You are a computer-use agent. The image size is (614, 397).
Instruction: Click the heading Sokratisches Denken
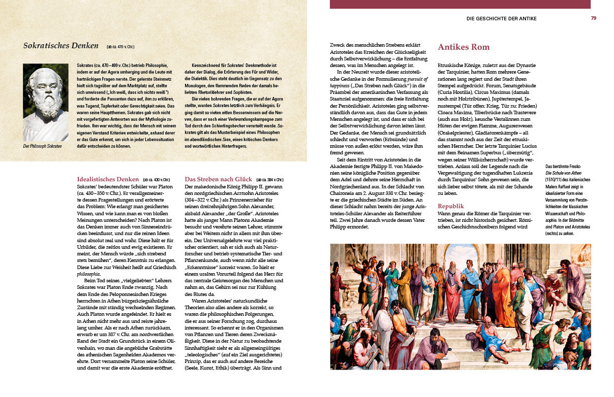pos(60,46)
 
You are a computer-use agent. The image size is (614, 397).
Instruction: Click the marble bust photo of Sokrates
pos(46,102)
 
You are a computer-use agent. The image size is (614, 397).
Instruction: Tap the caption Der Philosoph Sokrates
pos(43,146)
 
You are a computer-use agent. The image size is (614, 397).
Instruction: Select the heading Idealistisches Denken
pos(107,179)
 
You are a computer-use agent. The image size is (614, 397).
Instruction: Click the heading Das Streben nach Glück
pos(218,179)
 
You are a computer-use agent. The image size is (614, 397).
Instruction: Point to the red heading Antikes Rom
pos(464,47)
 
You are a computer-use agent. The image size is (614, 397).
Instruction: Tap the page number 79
pos(593,18)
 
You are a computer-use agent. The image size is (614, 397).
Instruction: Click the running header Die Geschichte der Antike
pos(501,19)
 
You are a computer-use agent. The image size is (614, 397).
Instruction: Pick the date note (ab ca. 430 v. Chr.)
pos(156,180)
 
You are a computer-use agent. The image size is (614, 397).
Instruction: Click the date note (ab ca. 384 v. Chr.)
pos(269,180)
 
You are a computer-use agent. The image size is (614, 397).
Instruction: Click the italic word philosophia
pos(88,274)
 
